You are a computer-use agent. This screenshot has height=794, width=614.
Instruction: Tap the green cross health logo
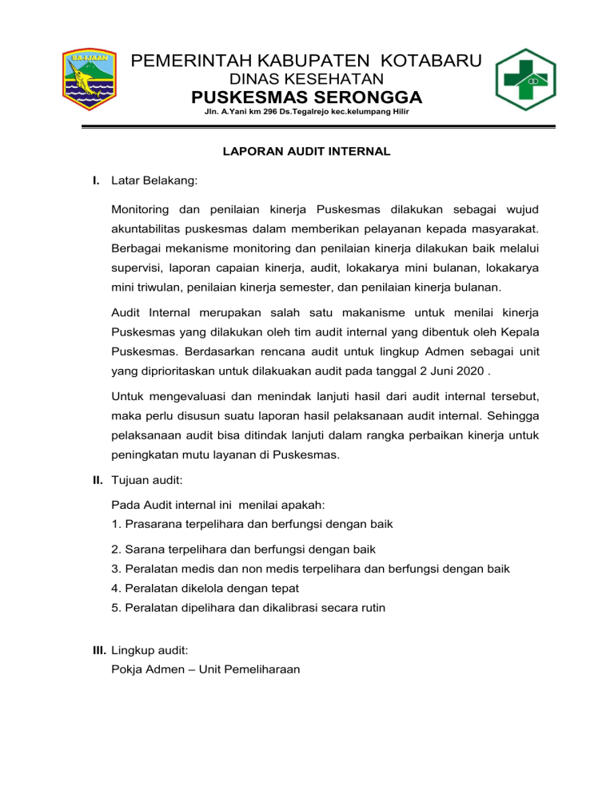click(x=525, y=80)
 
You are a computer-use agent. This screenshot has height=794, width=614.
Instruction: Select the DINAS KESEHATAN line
click(x=307, y=79)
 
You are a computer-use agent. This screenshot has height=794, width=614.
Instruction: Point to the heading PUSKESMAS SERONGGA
click(x=307, y=98)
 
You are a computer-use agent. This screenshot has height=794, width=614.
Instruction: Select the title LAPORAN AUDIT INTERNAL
click(x=307, y=150)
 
